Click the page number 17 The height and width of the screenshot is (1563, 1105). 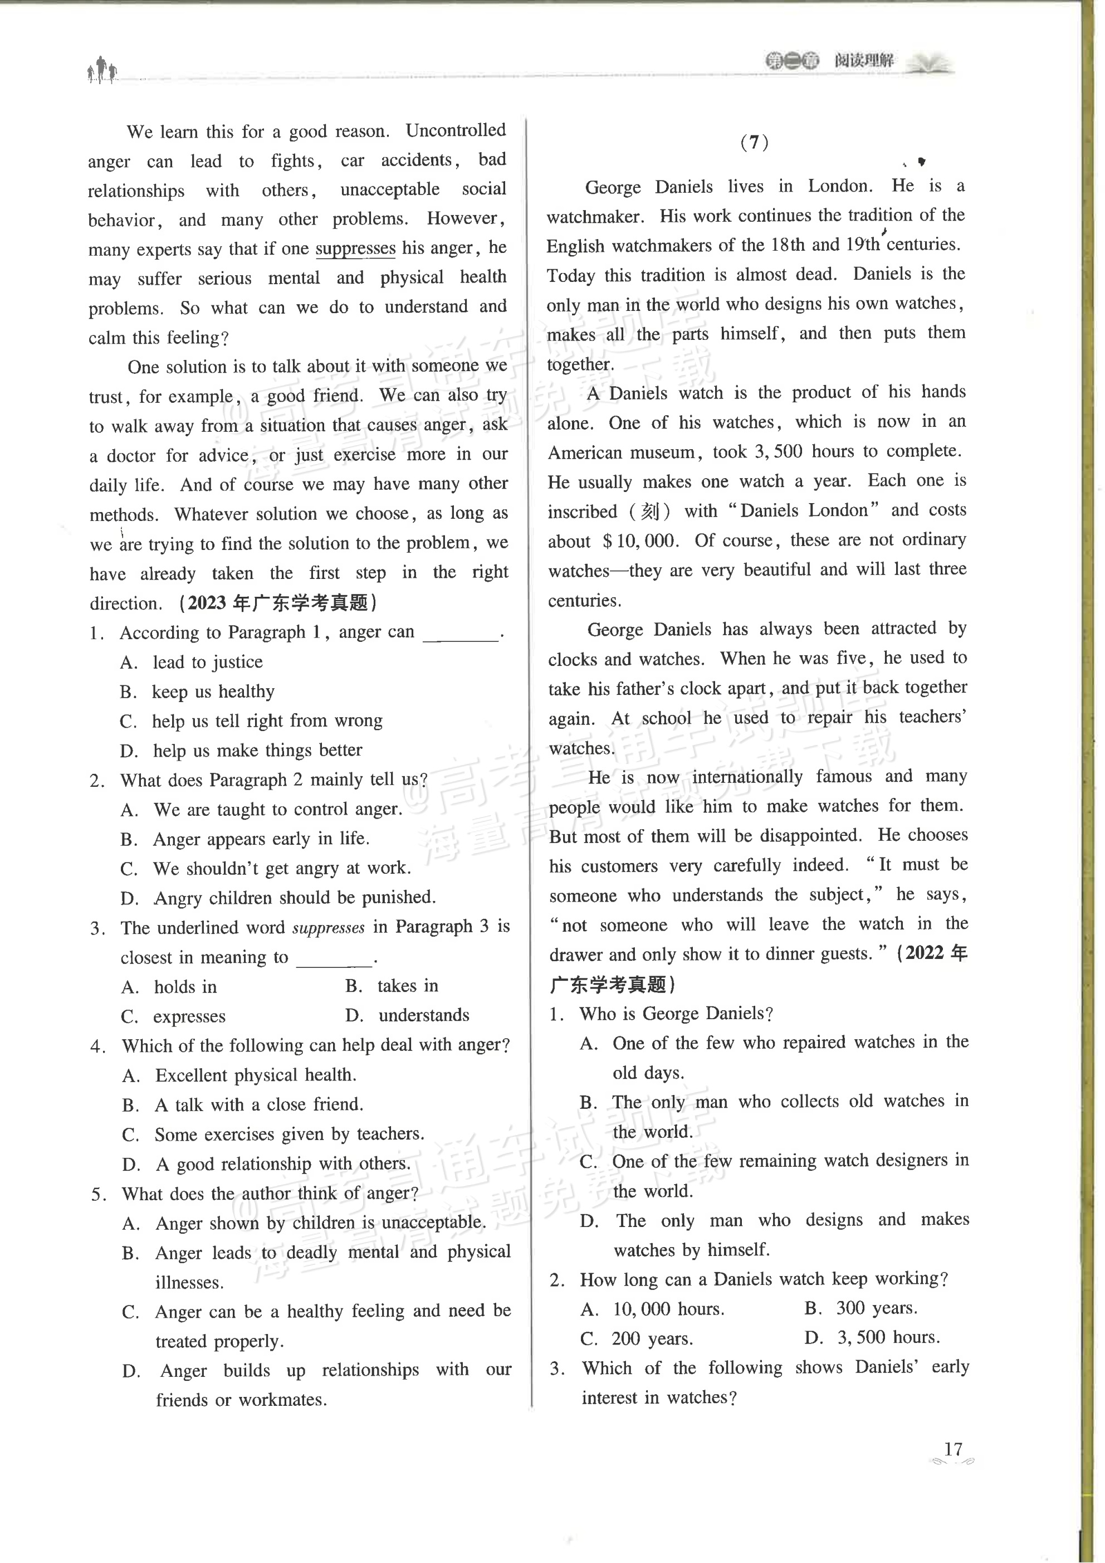952,1449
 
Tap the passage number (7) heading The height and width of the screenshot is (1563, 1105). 754,143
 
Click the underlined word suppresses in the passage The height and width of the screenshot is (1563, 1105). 355,249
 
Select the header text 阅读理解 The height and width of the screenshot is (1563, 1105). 864,61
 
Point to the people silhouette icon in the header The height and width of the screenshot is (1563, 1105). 102,70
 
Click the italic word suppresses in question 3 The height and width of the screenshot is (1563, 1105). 329,928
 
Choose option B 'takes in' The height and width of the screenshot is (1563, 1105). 408,986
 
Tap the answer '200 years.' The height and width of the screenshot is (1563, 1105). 652,1338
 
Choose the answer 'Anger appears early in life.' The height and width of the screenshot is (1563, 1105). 261,839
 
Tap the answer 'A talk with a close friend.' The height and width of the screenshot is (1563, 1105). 258,1104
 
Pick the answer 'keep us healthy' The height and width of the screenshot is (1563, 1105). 213,692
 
